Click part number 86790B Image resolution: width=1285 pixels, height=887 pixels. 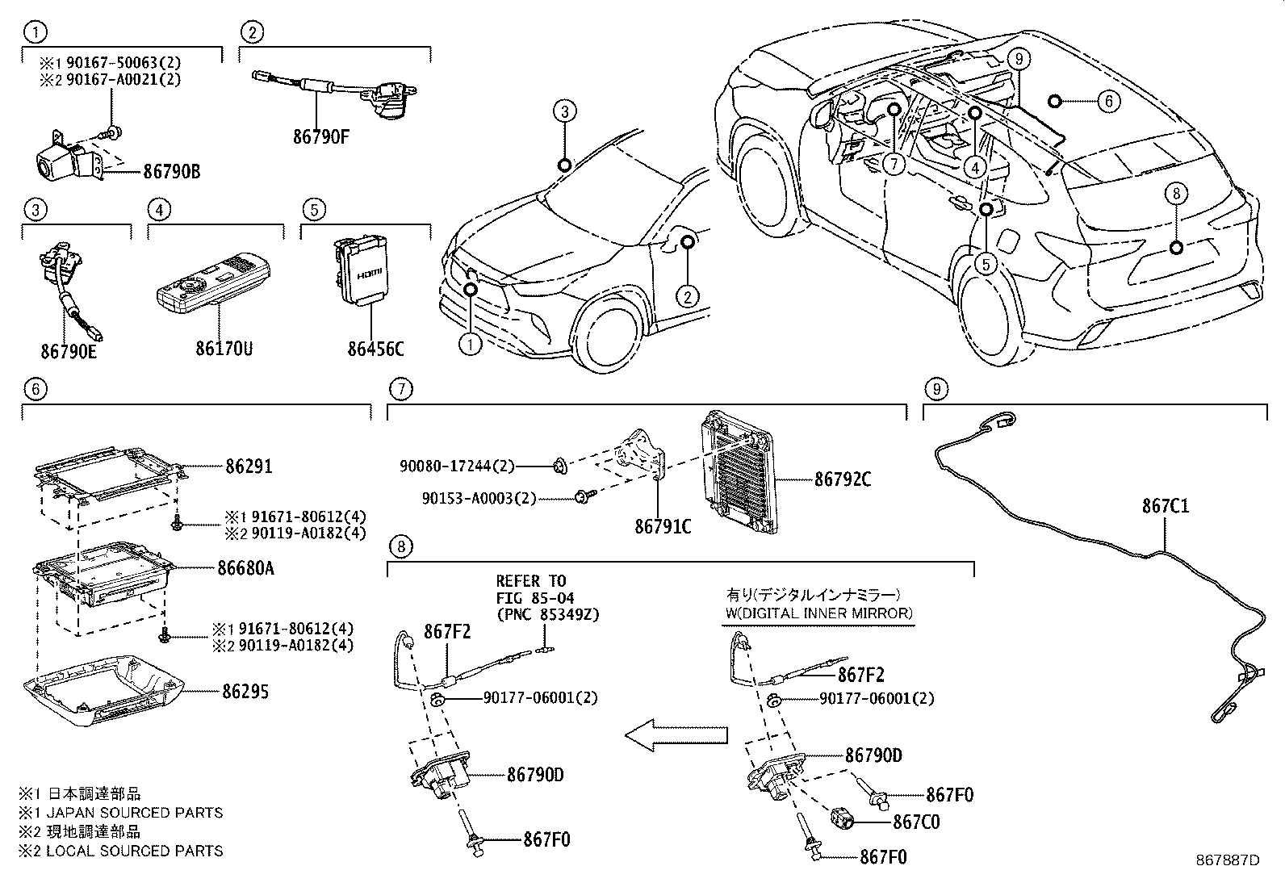(x=172, y=171)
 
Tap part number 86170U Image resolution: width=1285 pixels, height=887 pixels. (x=224, y=349)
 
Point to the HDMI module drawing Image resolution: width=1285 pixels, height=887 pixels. (x=361, y=270)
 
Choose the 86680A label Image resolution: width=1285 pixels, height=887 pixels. (x=245, y=568)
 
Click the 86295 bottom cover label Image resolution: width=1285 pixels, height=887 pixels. (x=245, y=692)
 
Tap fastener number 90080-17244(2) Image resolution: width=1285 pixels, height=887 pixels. (x=456, y=467)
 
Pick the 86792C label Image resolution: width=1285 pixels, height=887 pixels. (x=843, y=479)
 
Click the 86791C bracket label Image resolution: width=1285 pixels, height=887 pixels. (x=663, y=527)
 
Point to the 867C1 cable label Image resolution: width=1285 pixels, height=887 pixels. (x=1165, y=506)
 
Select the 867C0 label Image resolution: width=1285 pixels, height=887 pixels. (x=916, y=822)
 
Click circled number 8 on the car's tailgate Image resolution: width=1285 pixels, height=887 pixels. (x=1176, y=194)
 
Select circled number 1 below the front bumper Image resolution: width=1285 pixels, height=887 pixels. (x=470, y=345)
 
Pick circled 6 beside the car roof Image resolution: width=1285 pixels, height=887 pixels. (x=1108, y=101)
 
